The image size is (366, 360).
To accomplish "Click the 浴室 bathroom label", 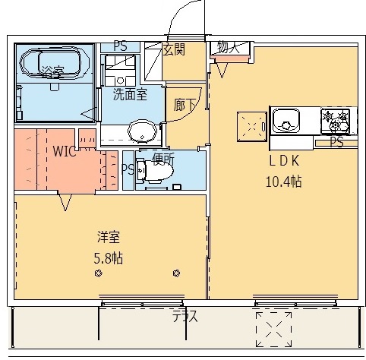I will click(x=52, y=73).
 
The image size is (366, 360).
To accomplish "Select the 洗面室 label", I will click(x=130, y=95).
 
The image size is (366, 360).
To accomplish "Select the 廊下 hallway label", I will click(x=184, y=105).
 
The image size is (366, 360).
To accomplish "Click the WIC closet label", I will click(x=64, y=150).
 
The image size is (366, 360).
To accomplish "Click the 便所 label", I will click(x=163, y=159).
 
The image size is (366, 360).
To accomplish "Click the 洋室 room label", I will click(x=108, y=237).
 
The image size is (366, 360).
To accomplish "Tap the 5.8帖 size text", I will click(x=108, y=257).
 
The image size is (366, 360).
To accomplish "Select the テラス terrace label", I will click(x=184, y=317).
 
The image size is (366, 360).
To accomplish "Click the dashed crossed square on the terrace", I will click(x=273, y=328).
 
